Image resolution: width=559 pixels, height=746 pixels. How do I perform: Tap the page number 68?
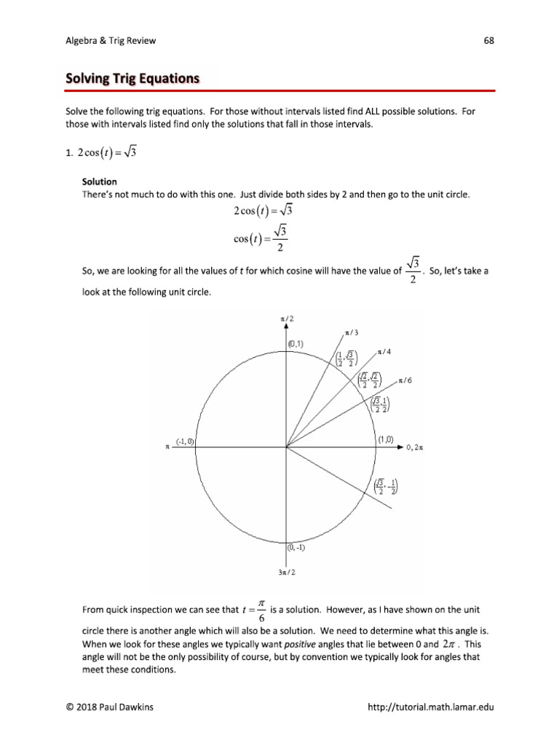pyautogui.click(x=488, y=41)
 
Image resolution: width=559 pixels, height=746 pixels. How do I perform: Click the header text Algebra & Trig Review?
pyautogui.click(x=111, y=41)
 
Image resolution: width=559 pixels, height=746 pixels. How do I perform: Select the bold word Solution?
pyautogui.click(x=99, y=181)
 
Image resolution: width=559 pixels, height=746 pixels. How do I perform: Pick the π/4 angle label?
pyautogui.click(x=384, y=352)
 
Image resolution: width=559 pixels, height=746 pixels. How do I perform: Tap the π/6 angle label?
pyautogui.click(x=405, y=380)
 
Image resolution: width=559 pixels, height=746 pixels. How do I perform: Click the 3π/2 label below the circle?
pyautogui.click(x=287, y=573)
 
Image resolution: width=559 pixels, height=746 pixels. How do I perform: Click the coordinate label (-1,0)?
pyautogui.click(x=184, y=440)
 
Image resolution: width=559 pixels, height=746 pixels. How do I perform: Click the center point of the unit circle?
pyautogui.click(x=286, y=447)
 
